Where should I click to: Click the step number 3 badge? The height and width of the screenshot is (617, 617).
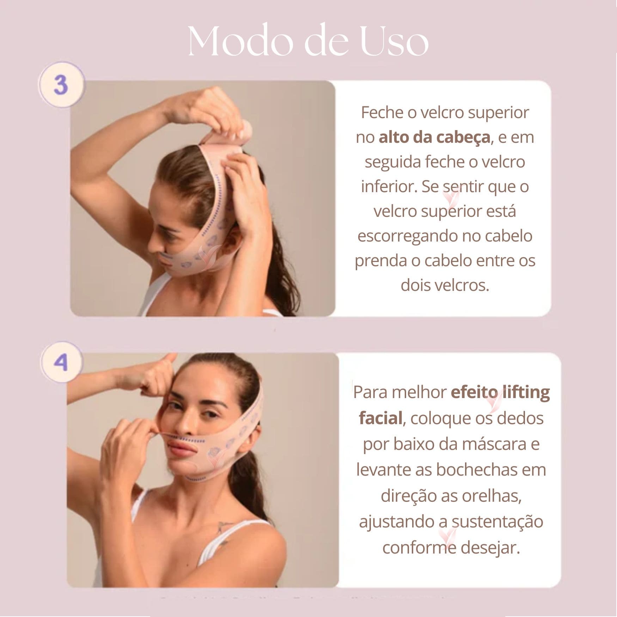[61, 85]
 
